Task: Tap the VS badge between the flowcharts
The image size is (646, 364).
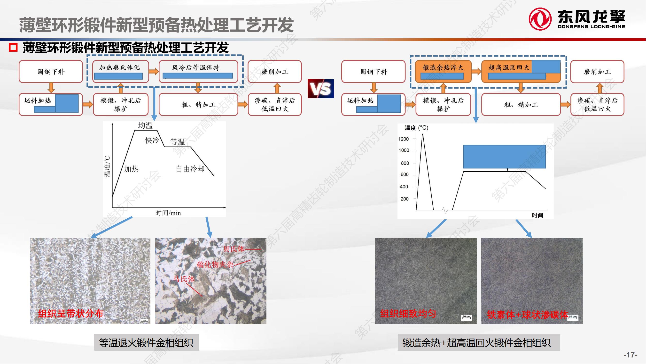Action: (320, 89)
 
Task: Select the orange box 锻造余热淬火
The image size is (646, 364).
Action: (443, 71)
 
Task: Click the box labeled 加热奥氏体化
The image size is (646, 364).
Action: (120, 71)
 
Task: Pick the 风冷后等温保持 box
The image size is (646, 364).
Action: (198, 71)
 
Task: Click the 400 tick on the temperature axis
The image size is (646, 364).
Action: (404, 187)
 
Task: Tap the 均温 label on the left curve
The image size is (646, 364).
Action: (145, 126)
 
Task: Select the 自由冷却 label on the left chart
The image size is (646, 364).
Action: (190, 169)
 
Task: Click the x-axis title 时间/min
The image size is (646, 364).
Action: (168, 213)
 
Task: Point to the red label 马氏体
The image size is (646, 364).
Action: (184, 279)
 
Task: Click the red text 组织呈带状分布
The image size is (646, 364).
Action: (70, 314)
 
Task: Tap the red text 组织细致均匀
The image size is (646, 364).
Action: (408, 314)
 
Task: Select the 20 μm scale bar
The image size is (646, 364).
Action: (467, 317)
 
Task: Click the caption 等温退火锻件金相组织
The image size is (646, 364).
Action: (147, 343)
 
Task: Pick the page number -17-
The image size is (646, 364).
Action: (630, 355)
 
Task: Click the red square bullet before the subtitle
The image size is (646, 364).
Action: (13, 48)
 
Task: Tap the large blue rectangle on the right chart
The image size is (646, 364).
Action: (504, 157)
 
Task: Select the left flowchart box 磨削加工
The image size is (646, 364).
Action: (275, 72)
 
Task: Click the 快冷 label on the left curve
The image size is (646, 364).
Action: (152, 140)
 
